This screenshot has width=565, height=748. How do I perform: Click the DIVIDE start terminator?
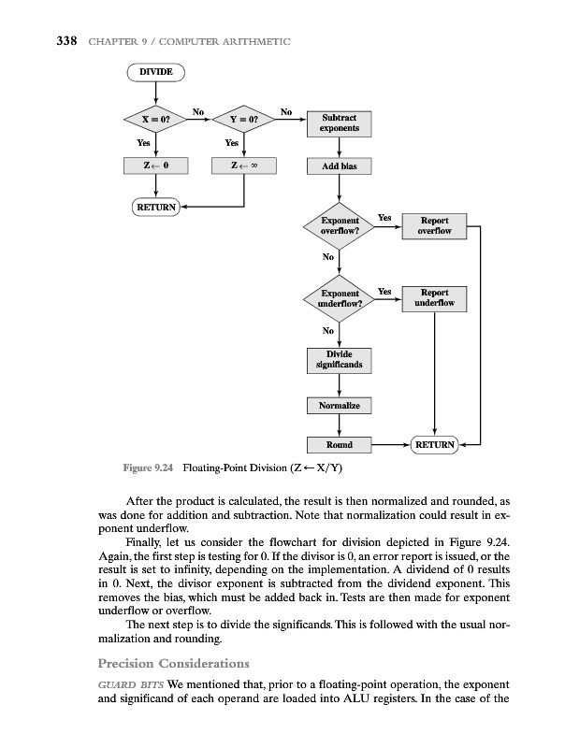[x=156, y=71]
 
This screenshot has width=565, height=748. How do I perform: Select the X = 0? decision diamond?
[x=156, y=120]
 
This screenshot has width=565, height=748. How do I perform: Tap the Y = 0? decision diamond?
[x=244, y=120]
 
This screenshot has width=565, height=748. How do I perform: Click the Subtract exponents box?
[x=339, y=123]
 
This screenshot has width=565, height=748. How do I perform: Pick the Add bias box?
[x=339, y=166]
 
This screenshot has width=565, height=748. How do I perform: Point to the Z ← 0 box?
[x=156, y=166]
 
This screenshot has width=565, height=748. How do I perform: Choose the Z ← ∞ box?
[x=244, y=166]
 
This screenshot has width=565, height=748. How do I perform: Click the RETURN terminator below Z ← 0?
[x=156, y=207]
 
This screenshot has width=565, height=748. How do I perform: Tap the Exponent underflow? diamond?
[x=339, y=298]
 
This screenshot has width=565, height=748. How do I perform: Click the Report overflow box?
[x=435, y=225]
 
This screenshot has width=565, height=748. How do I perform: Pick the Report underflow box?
[x=435, y=298]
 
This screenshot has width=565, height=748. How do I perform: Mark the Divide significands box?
[x=339, y=359]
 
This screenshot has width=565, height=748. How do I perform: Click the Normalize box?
[x=339, y=406]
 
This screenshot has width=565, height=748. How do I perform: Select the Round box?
[x=339, y=445]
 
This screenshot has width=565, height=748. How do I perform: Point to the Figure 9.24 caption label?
[x=150, y=467]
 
